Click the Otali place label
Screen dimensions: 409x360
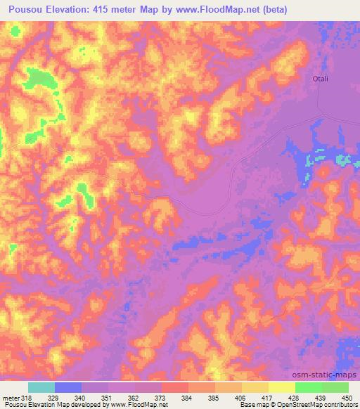point(321,79)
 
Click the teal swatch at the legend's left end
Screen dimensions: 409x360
point(41,388)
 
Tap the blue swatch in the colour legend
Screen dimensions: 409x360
point(68,388)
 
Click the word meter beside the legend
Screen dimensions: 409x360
point(10,398)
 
